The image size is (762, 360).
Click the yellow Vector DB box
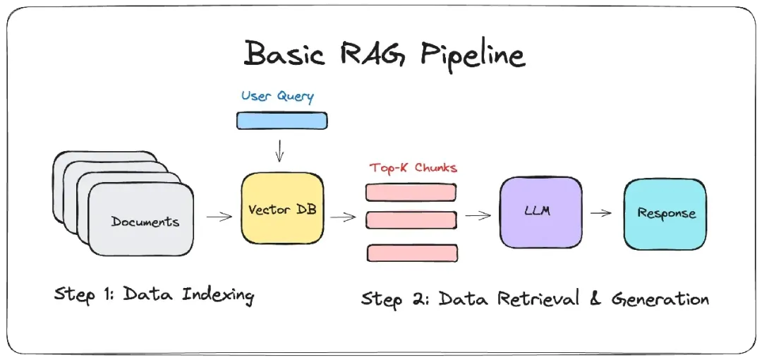click(282, 210)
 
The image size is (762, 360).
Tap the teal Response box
click(665, 214)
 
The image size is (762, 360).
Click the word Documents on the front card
click(145, 222)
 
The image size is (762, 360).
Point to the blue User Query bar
click(282, 121)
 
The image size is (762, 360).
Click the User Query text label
click(277, 96)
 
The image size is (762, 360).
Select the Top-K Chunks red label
click(413, 168)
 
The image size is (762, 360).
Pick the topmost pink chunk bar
click(411, 192)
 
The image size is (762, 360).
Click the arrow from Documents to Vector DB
click(219, 217)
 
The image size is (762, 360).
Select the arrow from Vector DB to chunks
click(343, 217)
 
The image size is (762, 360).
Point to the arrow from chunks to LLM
click(478, 215)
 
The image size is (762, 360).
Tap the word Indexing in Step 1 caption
click(218, 294)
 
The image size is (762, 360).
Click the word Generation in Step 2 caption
click(660, 299)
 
